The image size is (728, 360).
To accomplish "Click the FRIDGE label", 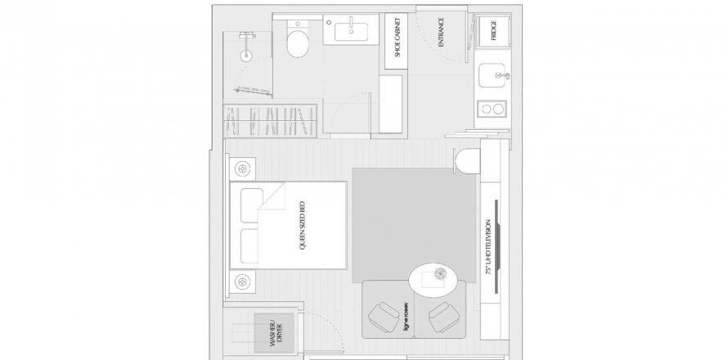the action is [493, 30].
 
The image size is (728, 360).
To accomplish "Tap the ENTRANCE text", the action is [441, 32].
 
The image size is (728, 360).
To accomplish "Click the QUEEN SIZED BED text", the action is [303, 226].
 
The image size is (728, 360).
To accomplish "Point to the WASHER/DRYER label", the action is [276, 333].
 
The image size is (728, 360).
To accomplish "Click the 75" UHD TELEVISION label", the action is [488, 248].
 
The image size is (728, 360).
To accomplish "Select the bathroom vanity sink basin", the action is [352, 32].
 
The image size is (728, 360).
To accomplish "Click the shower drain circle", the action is [246, 56].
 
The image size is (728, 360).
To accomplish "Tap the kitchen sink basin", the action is [492, 75].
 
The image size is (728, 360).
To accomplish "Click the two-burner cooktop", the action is [492, 109].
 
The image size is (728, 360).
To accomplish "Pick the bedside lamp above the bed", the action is [243, 169].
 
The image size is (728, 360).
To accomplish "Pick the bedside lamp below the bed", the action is [242, 281].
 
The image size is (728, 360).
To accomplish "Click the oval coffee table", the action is [434, 280].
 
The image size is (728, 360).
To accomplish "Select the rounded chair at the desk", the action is [467, 161].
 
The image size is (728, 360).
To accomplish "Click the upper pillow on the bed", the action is [252, 205].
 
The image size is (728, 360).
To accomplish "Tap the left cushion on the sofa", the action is [384, 317].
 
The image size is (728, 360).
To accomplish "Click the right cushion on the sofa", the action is [444, 317].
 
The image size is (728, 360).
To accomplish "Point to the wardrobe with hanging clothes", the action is [270, 121].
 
